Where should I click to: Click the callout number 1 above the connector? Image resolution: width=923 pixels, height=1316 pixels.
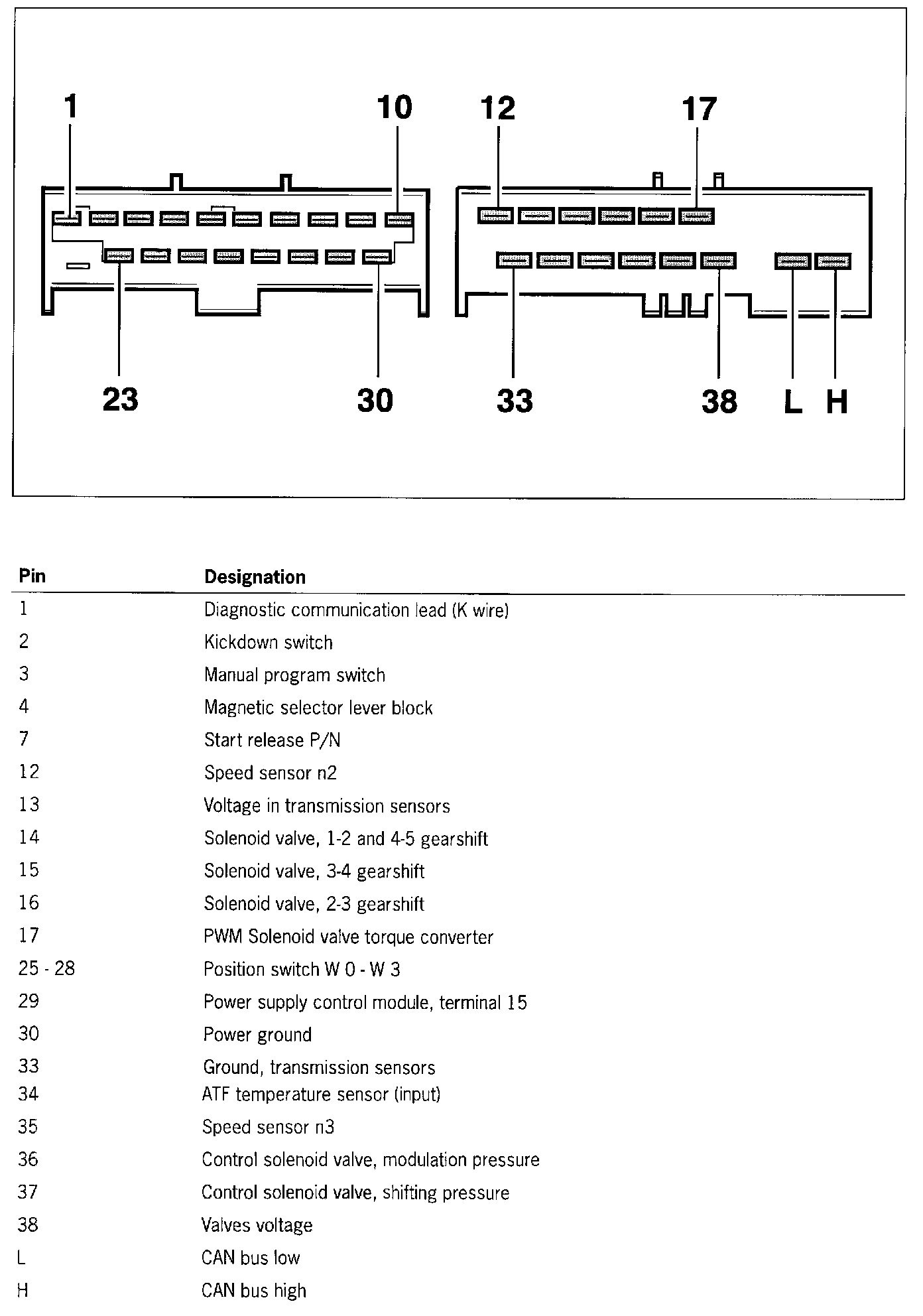pyautogui.click(x=71, y=107)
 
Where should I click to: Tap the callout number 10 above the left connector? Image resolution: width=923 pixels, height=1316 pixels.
pyautogui.click(x=395, y=107)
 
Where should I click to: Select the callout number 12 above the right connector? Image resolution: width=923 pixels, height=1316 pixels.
pyautogui.click(x=497, y=108)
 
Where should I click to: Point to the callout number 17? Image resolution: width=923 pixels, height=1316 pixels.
pyautogui.click(x=699, y=110)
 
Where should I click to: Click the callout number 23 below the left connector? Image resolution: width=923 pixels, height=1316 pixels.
pyautogui.click(x=120, y=400)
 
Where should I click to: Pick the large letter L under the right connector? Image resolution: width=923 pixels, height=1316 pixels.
pyautogui.click(x=792, y=402)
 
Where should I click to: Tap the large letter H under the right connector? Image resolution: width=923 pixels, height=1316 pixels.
pyautogui.click(x=837, y=402)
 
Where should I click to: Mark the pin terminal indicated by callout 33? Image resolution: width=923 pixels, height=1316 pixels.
pyautogui.click(x=514, y=261)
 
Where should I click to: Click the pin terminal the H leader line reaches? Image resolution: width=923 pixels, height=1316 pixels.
pyautogui.click(x=833, y=261)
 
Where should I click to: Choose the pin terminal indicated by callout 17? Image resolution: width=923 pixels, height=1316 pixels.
pyautogui.click(x=697, y=216)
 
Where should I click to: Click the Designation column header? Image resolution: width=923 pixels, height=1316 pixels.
pyautogui.click(x=255, y=577)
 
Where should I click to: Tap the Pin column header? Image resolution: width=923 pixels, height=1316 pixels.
pyautogui.click(x=32, y=575)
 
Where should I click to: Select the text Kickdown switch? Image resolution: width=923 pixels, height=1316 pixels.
pyautogui.click(x=268, y=642)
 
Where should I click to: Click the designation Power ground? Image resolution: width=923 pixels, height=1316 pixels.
pyautogui.click(x=257, y=1035)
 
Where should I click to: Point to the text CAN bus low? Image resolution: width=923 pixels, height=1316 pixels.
pyautogui.click(x=251, y=1258)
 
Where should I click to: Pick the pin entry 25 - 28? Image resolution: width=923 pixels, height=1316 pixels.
pyautogui.click(x=46, y=968)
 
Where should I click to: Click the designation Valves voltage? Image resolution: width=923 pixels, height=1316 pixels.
pyautogui.click(x=257, y=1225)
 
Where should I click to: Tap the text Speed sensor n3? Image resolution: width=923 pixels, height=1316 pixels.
pyautogui.click(x=268, y=1127)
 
